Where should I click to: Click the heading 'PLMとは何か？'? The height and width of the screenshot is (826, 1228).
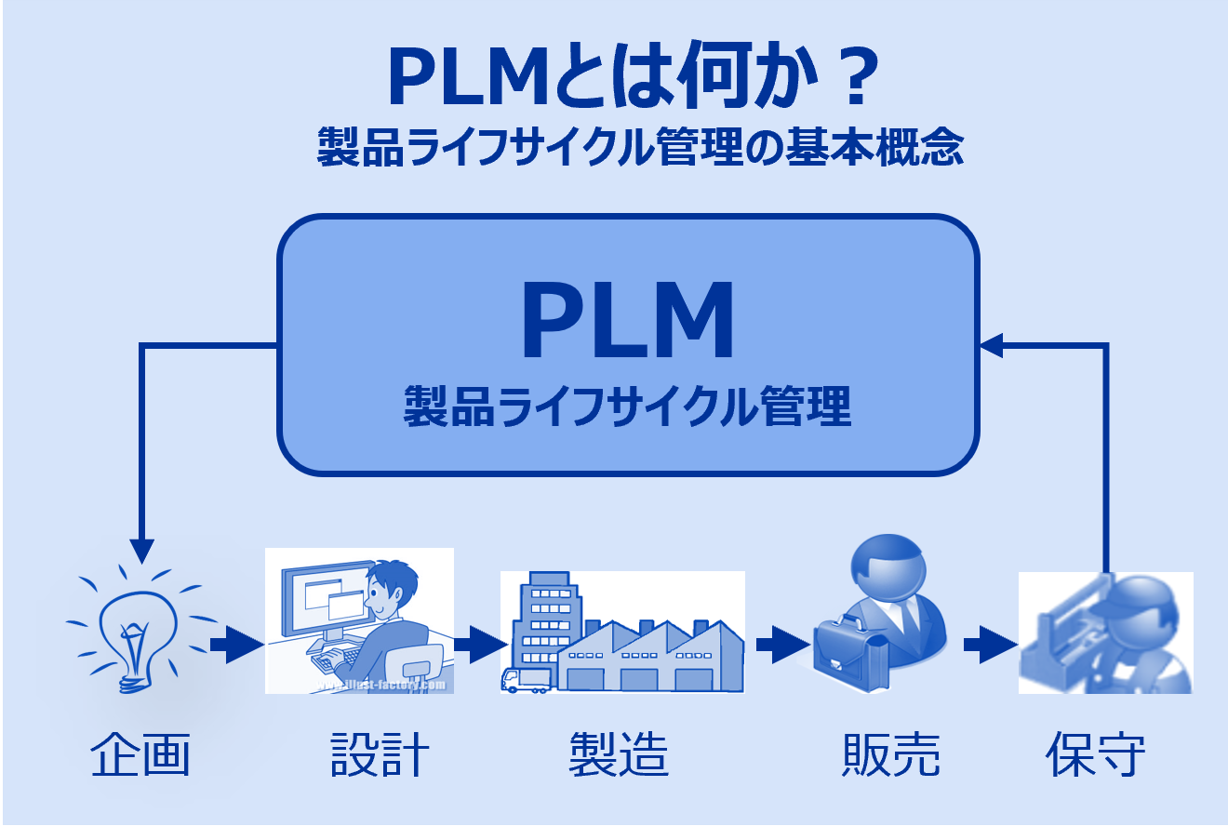pos(630,79)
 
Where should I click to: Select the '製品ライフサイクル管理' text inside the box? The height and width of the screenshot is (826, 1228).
pos(628,407)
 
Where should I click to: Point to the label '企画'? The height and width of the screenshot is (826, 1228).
pos(140,754)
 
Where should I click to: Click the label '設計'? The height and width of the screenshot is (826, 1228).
pos(380,754)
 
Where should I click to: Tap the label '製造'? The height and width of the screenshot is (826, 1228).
pos(619,754)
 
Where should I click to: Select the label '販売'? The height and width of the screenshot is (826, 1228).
pos(890,754)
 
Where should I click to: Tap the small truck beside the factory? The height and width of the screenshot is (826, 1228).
pos(526,680)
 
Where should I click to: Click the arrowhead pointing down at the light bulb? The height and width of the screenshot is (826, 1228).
pos(141,551)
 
